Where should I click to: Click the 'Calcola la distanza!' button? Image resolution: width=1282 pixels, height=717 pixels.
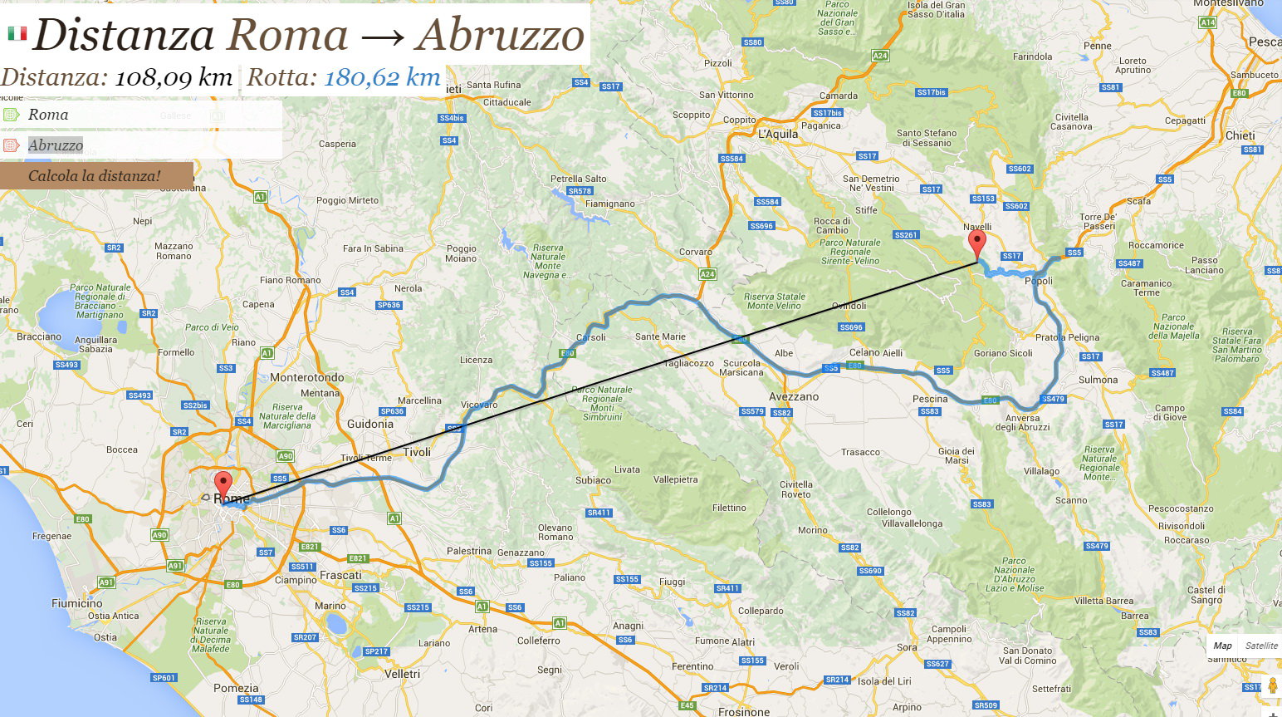[x=95, y=176]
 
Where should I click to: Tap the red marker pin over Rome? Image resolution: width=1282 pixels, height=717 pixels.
[x=223, y=484]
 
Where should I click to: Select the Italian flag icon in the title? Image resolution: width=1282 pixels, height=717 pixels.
[x=17, y=33]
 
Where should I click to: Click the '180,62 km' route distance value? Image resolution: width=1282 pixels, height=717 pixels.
[x=382, y=78]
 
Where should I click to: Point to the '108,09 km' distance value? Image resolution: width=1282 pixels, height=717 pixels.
[x=173, y=78]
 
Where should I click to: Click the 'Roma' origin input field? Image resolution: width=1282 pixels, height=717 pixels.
[x=141, y=115]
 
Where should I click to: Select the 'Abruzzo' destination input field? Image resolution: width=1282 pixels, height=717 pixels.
[x=141, y=145]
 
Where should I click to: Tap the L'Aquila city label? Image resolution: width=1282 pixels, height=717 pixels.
[x=778, y=134]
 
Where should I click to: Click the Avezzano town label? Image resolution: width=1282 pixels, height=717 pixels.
[x=794, y=397]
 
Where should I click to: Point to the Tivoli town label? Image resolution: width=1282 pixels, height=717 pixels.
[x=417, y=452]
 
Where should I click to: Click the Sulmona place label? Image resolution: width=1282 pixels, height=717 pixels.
[x=1098, y=380]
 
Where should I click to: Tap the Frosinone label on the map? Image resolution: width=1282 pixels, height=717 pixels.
[x=744, y=711]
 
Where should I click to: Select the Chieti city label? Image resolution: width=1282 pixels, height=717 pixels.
[x=1240, y=135]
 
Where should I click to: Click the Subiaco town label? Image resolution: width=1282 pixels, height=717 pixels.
[x=593, y=480]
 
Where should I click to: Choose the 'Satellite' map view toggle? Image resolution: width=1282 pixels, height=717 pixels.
[x=1260, y=646]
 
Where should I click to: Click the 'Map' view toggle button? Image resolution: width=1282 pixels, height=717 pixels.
[x=1222, y=646]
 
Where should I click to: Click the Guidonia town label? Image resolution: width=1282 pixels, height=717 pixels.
[x=370, y=424]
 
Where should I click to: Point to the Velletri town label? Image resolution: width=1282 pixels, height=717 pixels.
[x=402, y=674]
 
